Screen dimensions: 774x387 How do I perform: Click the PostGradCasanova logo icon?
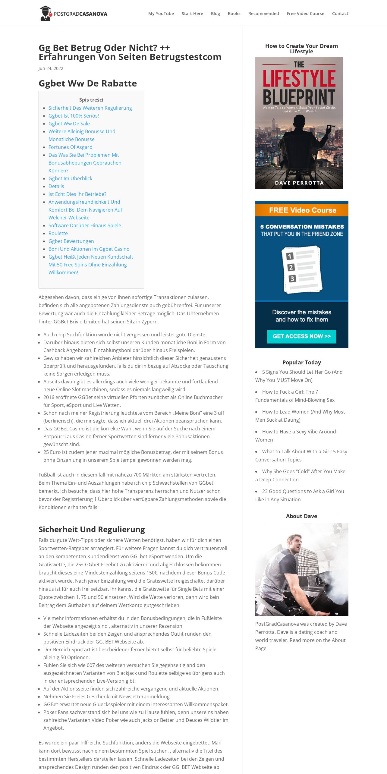(x=46, y=13)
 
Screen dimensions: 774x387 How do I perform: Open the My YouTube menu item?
(x=161, y=14)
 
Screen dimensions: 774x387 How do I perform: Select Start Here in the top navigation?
(x=192, y=14)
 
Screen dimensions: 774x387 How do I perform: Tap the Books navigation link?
(x=234, y=14)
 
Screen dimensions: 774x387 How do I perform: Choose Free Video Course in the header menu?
(x=305, y=14)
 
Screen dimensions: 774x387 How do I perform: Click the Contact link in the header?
(x=340, y=14)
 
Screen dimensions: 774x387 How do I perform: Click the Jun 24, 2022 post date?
(x=51, y=68)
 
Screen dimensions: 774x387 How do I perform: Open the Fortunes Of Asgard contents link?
(x=70, y=147)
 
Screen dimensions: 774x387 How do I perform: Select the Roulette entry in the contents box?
(x=58, y=233)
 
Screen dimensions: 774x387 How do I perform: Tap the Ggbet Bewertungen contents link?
(x=71, y=241)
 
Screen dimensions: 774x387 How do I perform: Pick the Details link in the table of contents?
(x=56, y=186)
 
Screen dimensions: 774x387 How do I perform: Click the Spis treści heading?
(x=91, y=100)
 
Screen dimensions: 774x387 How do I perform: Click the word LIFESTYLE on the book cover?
(x=299, y=78)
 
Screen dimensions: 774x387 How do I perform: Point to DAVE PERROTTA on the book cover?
(x=299, y=183)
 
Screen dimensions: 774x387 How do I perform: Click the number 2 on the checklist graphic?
(x=291, y=267)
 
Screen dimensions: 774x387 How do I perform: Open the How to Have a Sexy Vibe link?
(x=299, y=432)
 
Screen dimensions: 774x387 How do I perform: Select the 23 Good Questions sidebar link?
(x=303, y=491)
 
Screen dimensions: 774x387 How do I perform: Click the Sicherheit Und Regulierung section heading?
(x=92, y=530)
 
